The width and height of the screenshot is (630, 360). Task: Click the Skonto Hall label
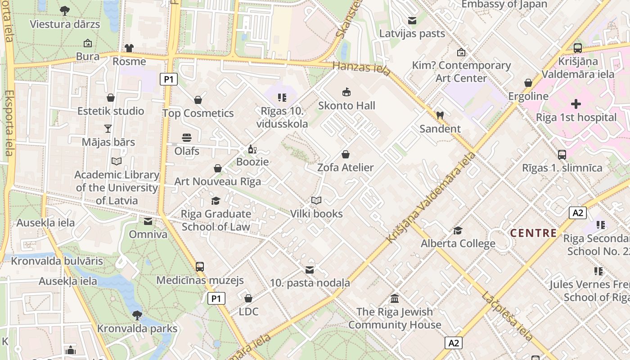click(346, 106)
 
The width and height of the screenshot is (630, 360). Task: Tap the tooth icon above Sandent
click(440, 115)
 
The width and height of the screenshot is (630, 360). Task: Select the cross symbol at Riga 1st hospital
click(576, 104)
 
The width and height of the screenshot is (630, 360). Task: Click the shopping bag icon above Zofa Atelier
click(345, 154)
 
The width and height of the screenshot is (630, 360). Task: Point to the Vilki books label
click(316, 214)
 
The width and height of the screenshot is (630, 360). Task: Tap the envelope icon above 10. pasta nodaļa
click(310, 270)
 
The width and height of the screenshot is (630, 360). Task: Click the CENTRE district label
click(533, 233)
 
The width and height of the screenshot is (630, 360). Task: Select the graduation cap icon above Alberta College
click(458, 231)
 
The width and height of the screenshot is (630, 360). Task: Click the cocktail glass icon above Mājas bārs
click(108, 129)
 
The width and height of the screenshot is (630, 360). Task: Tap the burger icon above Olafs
click(187, 138)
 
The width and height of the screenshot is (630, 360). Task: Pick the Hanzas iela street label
click(355, 68)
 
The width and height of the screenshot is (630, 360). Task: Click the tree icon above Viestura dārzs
click(65, 10)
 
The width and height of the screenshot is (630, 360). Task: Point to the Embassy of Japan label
click(504, 4)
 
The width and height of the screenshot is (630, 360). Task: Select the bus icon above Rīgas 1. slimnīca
click(562, 155)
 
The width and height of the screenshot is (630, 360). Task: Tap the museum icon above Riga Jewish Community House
click(395, 298)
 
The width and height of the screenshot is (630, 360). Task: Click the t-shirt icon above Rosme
click(129, 48)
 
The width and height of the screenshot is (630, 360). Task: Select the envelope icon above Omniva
click(148, 221)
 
